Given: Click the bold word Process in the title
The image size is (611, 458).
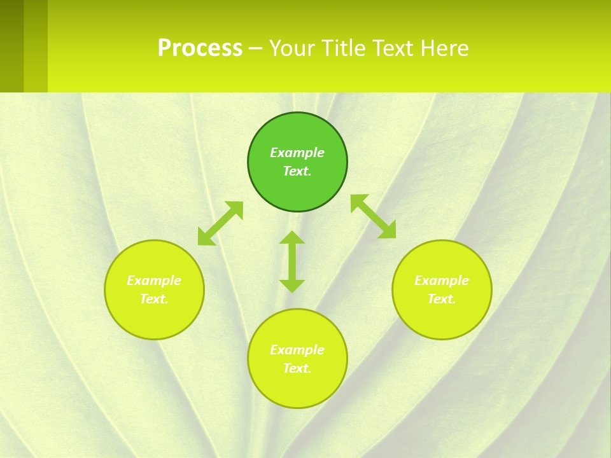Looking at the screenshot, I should [x=200, y=48].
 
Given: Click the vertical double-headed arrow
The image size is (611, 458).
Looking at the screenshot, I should [x=292, y=261].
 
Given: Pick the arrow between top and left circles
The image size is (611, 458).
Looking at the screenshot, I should [x=220, y=223].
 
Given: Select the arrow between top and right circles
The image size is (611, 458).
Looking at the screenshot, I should [x=374, y=216].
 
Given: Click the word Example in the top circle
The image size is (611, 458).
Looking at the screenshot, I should [x=297, y=153].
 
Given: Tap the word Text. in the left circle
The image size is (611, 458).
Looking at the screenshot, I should [x=154, y=299].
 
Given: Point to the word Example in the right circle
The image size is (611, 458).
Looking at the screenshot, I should [x=442, y=281].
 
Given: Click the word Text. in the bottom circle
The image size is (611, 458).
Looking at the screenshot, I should [x=297, y=368].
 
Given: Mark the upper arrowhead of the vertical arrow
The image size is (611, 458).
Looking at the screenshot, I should [x=292, y=238].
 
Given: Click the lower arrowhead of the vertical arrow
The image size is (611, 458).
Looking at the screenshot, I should [x=292, y=286].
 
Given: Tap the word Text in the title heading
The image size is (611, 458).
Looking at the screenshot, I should [x=392, y=48].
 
